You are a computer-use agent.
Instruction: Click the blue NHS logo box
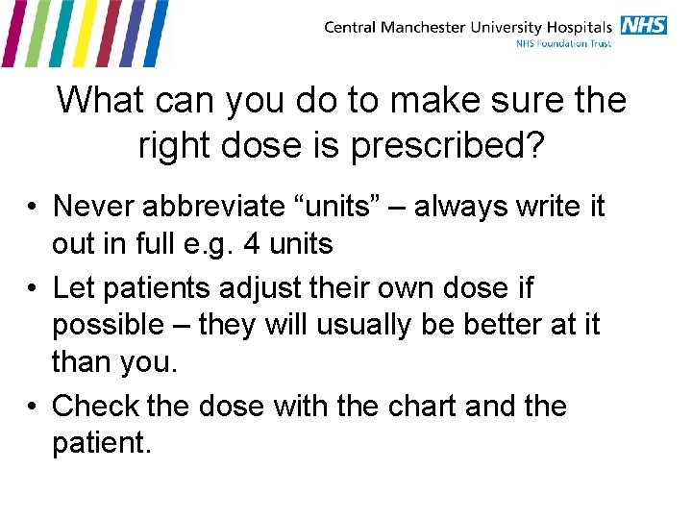643,25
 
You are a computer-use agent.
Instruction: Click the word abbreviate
223,206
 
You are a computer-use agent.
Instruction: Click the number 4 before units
252,244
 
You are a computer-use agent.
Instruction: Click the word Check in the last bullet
97,406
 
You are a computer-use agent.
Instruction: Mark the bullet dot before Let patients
32,287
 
